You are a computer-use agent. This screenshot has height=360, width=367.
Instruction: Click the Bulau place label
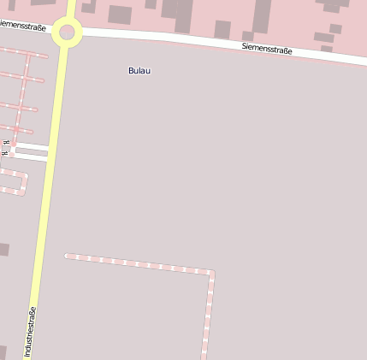[x=139, y=70]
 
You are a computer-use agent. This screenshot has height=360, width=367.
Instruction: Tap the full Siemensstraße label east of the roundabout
[x=267, y=50]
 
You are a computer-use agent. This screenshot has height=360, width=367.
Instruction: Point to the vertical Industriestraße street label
[x=32, y=331]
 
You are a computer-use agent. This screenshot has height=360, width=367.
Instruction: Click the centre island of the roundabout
[x=68, y=34]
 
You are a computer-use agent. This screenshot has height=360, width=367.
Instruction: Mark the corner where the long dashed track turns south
[x=211, y=273]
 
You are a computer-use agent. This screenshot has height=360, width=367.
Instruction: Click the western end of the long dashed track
[x=67, y=256]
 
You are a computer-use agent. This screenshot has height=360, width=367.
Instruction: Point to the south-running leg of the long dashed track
[x=208, y=316]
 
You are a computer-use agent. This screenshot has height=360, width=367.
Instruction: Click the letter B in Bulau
[x=131, y=70]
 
